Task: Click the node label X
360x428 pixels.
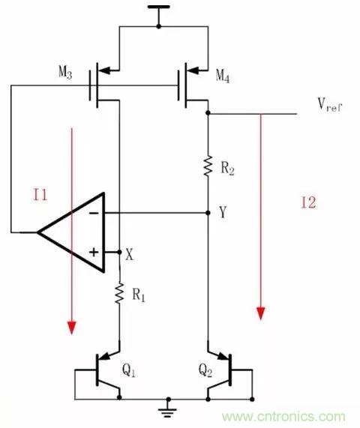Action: point(130,255)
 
